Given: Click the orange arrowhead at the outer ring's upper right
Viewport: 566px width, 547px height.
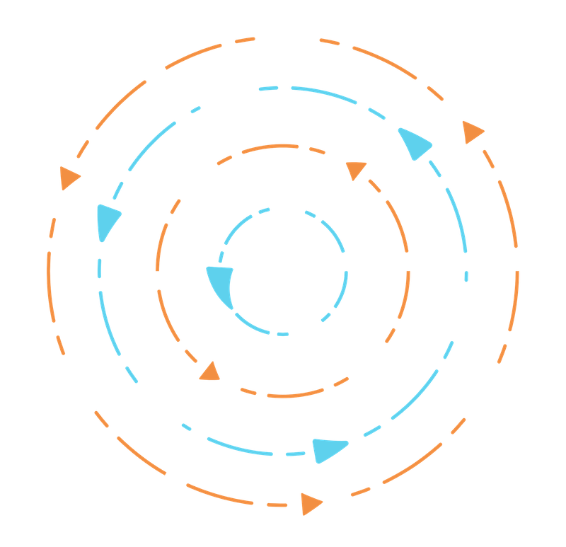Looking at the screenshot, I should pos(472,132).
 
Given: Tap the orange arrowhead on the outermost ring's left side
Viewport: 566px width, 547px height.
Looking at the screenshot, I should pos(69,178).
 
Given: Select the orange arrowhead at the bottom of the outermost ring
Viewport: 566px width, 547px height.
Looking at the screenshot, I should pos(310,503).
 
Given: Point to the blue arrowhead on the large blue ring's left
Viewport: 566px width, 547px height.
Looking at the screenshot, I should pos(108,220).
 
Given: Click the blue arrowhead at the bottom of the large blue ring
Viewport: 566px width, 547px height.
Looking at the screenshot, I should pos(328,449).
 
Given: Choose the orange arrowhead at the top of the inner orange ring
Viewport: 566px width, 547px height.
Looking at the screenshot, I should pos(356,170).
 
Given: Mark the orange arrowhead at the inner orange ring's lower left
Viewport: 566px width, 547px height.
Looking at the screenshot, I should pos(209,372).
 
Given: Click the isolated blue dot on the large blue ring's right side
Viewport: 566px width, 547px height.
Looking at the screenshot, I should pos(466,275).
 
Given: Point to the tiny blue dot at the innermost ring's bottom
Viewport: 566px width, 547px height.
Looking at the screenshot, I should pos(283,333).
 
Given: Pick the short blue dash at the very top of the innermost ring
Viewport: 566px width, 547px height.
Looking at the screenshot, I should pos(263,211).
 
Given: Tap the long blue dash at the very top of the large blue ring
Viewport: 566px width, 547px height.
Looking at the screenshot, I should pos(322,94).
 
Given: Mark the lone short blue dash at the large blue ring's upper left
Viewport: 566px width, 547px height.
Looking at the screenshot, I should pos(196,109).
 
